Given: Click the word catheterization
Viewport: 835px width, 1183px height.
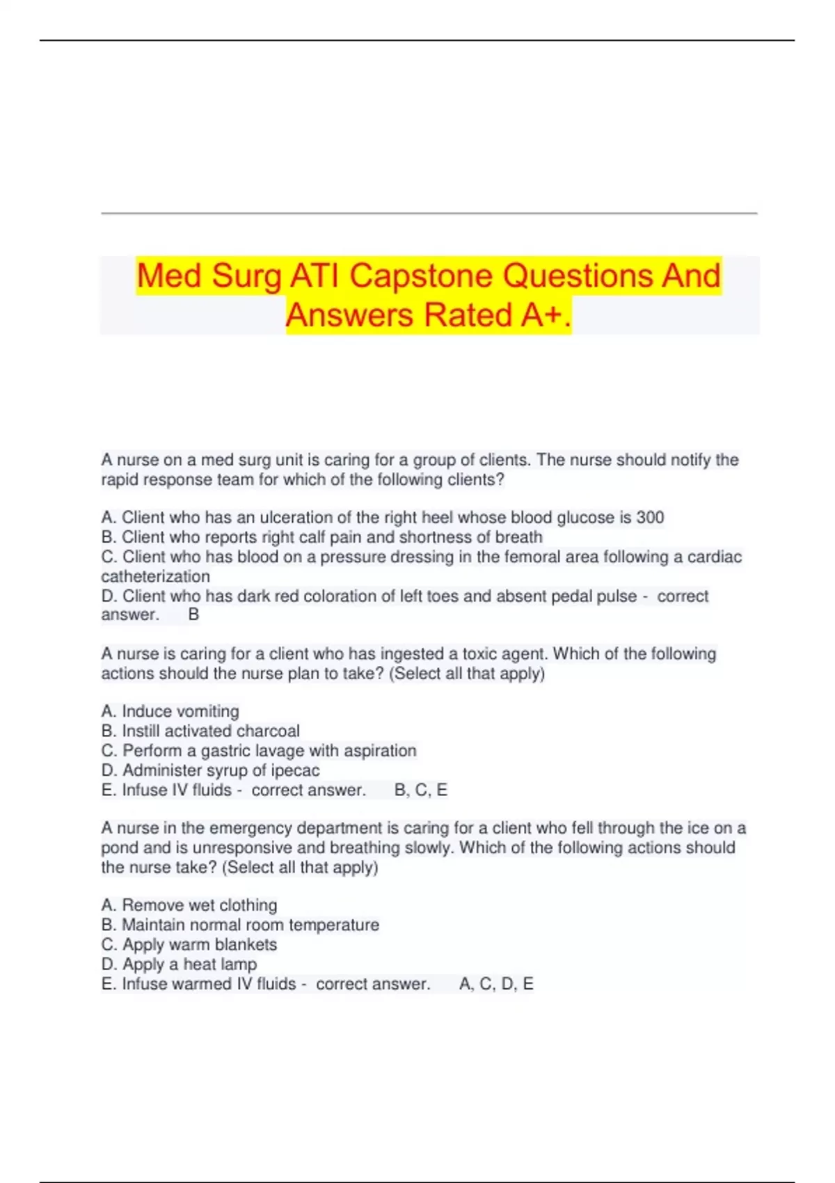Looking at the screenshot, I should [155, 576].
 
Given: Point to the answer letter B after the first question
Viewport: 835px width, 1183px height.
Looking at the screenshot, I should [193, 614].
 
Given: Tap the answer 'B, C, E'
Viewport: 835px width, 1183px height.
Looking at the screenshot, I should [420, 790].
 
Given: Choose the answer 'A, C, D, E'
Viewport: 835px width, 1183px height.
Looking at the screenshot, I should [496, 984].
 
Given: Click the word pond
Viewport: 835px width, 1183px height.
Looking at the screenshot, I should [118, 848].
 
